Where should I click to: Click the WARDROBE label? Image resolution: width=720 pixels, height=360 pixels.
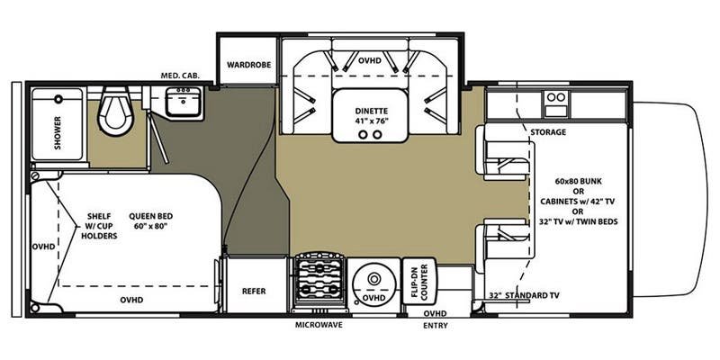[249, 65]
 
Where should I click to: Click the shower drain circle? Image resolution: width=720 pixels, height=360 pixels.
[58, 99]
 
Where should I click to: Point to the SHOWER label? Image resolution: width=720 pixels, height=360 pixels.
[58, 132]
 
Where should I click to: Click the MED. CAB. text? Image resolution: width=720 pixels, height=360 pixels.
[180, 76]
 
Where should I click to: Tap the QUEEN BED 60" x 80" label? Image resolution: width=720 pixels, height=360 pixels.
[150, 220]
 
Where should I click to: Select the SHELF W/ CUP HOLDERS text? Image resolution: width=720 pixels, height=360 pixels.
[102, 226]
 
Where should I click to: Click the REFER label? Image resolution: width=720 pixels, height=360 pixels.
[254, 291]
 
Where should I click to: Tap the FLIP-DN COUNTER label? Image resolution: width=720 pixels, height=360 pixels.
[419, 282]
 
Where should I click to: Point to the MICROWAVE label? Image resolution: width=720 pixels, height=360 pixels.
[319, 325]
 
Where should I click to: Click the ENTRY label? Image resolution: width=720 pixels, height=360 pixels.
[436, 326]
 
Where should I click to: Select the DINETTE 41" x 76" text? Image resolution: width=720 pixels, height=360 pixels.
[372, 116]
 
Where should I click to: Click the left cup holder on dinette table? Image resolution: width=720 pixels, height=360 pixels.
[363, 134]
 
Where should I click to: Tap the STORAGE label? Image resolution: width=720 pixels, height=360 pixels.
[548, 132]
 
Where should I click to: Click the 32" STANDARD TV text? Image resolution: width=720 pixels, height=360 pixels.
[524, 295]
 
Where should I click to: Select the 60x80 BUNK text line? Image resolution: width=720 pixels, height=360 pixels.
[578, 181]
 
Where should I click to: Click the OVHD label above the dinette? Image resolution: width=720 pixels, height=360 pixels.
[370, 60]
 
